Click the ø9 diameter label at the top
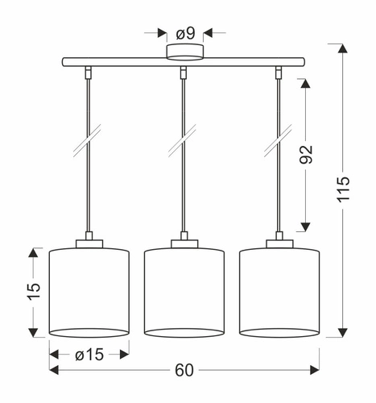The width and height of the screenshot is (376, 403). click(x=184, y=33)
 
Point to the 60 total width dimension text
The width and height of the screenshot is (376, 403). click(x=184, y=370)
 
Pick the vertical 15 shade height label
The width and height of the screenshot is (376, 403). click(x=33, y=292)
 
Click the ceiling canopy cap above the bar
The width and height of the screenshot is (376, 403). click(x=184, y=52)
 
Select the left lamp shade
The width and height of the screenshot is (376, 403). click(x=89, y=292)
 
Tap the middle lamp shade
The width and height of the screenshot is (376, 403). click(x=184, y=292)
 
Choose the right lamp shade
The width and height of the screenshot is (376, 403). click(x=279, y=292)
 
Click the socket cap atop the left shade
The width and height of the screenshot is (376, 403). click(x=89, y=241)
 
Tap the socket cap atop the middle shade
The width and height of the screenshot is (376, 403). click(x=184, y=241)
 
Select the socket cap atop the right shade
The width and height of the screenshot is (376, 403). click(x=279, y=241)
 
